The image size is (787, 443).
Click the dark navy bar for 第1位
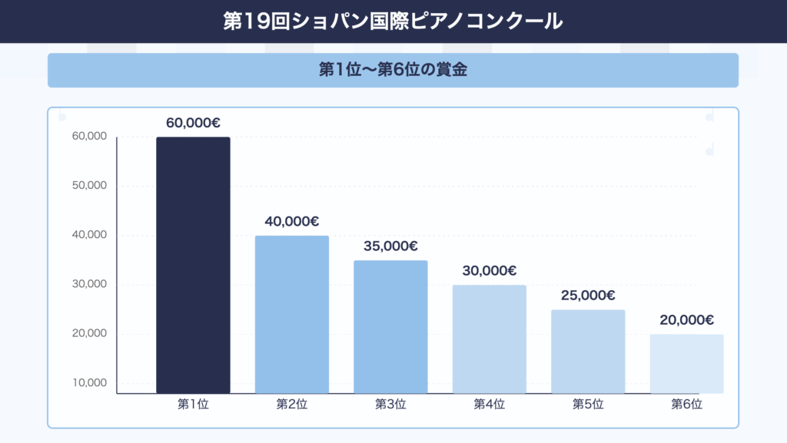click(x=193, y=265)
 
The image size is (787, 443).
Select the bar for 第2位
click(x=292, y=314)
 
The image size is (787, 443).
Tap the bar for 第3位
click(x=390, y=326)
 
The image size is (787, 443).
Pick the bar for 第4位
click(x=490, y=339)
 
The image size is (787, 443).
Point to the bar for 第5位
click(x=588, y=351)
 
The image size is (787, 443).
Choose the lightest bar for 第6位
click(x=686, y=363)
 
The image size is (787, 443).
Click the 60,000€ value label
click(x=193, y=123)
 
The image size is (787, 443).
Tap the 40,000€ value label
click(x=292, y=221)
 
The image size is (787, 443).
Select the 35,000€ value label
click(x=390, y=246)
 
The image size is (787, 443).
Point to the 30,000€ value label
click(x=490, y=270)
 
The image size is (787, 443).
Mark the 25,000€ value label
click(x=588, y=295)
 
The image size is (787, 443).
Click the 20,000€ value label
click(x=686, y=320)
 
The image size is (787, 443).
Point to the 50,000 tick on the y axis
click(x=89, y=186)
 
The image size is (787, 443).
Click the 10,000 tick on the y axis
click(x=89, y=383)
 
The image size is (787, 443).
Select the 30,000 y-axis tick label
click(x=89, y=284)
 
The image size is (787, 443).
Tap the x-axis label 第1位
click(x=193, y=404)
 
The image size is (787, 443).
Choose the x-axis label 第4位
click(x=490, y=404)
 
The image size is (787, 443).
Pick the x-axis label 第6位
click(x=686, y=404)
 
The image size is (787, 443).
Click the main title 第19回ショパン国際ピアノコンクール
click(x=393, y=21)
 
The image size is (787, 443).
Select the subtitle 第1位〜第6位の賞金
click(x=393, y=70)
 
